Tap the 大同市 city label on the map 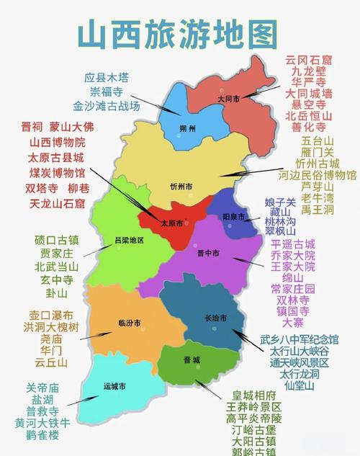pyautogui.click(x=228, y=99)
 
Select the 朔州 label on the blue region pyautogui.click(x=188, y=130)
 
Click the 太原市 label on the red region pyautogui.click(x=174, y=221)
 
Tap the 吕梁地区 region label pyautogui.click(x=130, y=240)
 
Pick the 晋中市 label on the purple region pyautogui.click(x=209, y=254)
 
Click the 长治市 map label pyautogui.click(x=215, y=318)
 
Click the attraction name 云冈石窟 pyautogui.click(x=309, y=59)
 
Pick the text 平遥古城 pyautogui.click(x=293, y=243)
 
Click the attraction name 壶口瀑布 pyautogui.click(x=51, y=316)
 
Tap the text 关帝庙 pyautogui.click(x=42, y=387)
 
